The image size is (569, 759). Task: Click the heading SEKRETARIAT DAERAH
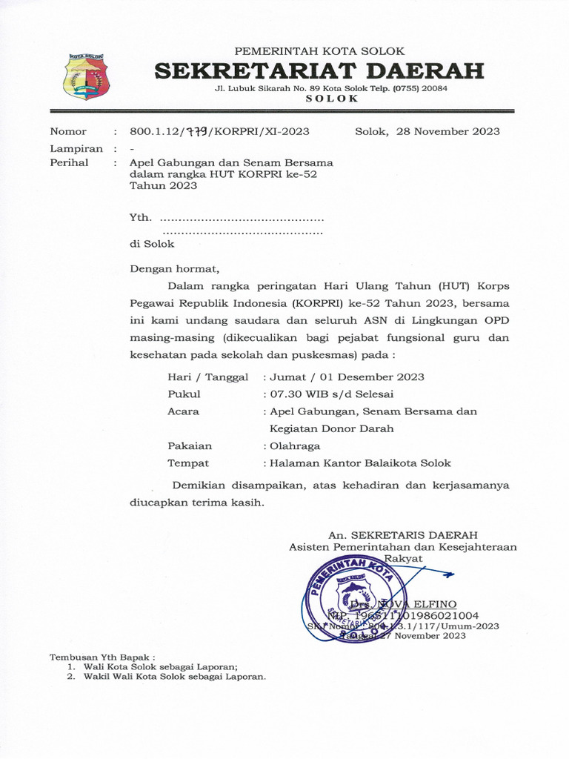[319, 71]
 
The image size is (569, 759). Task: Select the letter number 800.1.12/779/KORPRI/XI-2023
[219, 132]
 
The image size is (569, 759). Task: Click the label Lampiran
[76, 148]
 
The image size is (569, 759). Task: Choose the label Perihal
[69, 162]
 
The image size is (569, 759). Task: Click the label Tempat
[188, 463]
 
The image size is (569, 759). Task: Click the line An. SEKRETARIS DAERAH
[403, 535]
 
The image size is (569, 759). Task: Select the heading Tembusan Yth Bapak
[102, 657]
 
